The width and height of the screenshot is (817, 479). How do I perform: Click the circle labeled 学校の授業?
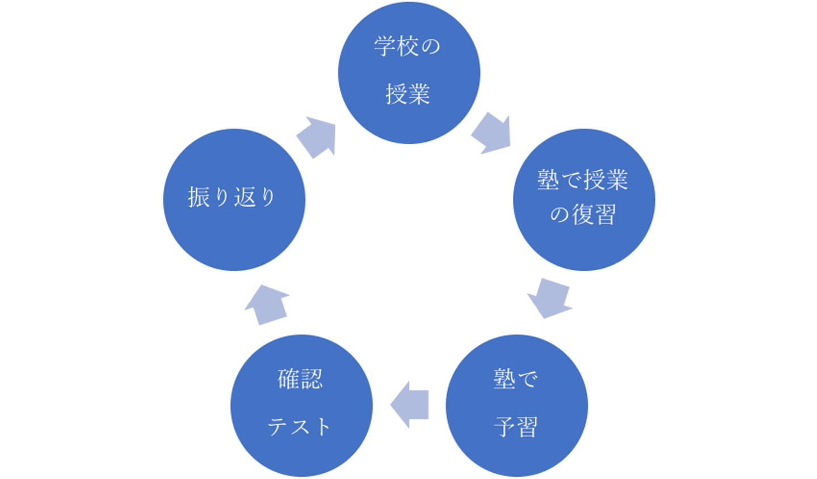coord(408,73)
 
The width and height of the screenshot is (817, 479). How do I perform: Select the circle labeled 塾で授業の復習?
coord(584,199)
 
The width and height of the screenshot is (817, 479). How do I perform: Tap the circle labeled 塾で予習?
coord(517,404)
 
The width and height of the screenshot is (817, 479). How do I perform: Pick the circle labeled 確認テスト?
coord(301,404)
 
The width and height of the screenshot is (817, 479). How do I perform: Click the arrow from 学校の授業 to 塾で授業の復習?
coord(491,135)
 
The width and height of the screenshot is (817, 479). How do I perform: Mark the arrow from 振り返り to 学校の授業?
coord(317,136)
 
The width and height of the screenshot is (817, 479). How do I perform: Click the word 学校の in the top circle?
coord(407,47)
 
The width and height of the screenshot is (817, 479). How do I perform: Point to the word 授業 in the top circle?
coord(408,94)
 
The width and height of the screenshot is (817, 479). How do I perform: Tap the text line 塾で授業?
coord(583,180)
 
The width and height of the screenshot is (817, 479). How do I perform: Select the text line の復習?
coord(583,215)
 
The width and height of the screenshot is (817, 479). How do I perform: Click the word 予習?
coord(516,426)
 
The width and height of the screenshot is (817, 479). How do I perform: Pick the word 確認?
coord(300,379)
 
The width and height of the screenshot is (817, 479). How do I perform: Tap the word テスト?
coord(300,426)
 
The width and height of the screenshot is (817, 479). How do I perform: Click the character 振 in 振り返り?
coord(199,198)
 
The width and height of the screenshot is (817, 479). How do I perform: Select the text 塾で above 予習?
coord(515,379)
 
